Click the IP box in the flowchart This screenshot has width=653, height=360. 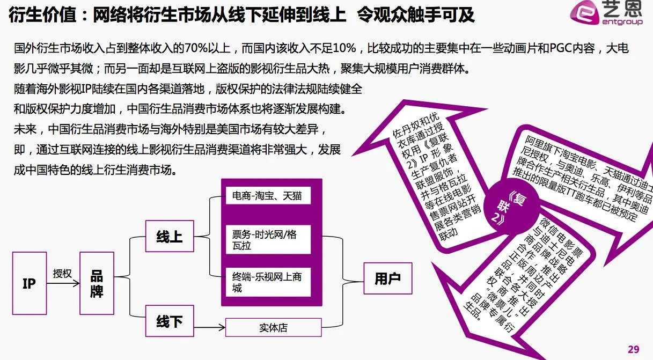point(29,283)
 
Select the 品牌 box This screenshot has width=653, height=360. point(97,283)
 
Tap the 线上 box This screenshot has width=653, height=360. point(169,237)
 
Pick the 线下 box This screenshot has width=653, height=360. point(169,321)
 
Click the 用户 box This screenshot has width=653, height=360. point(387,278)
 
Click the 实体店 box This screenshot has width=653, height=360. point(273,327)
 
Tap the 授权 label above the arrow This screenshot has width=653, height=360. point(62,274)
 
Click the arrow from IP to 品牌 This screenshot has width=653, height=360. point(62,284)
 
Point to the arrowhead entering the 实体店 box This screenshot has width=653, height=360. point(222,327)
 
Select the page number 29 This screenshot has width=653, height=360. point(634,347)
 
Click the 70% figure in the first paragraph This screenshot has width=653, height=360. point(200,49)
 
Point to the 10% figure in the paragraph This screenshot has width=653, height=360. point(343,49)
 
